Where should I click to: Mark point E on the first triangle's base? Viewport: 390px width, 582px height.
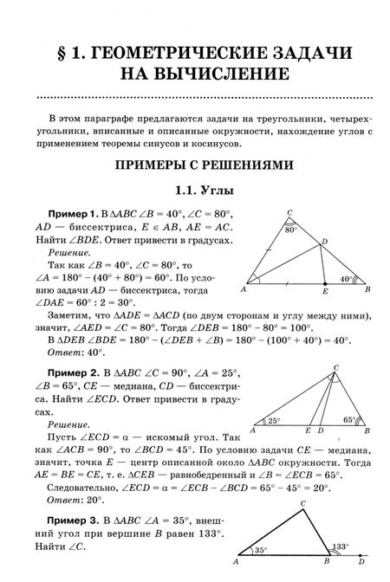point(324,292)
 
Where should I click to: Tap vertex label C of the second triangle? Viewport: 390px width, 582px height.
point(335,367)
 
